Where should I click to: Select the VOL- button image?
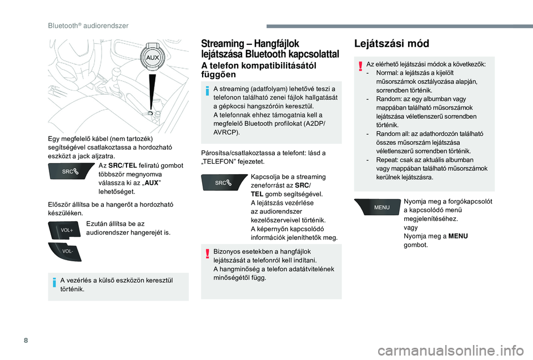(66, 251)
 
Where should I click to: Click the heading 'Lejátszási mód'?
(391, 43)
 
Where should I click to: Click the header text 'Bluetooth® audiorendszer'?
(88, 26)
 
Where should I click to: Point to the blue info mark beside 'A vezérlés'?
(54, 282)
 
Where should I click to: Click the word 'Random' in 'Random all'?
(388, 134)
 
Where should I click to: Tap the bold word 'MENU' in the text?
(457, 236)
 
